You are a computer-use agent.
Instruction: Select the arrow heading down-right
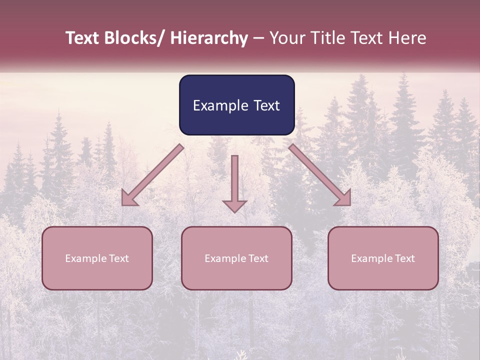click(320, 175)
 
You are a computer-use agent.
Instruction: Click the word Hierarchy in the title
click(209, 38)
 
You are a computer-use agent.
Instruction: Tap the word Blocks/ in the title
click(134, 38)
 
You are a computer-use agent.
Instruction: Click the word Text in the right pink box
click(404, 258)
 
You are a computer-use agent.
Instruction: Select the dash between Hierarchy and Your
click(258, 38)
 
